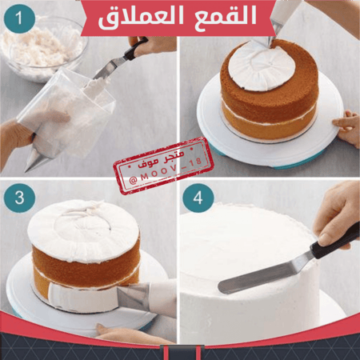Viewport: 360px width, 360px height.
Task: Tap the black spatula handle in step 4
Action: pyautogui.click(x=332, y=241)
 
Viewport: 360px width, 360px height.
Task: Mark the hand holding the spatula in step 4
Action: pyautogui.click(x=336, y=212)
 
